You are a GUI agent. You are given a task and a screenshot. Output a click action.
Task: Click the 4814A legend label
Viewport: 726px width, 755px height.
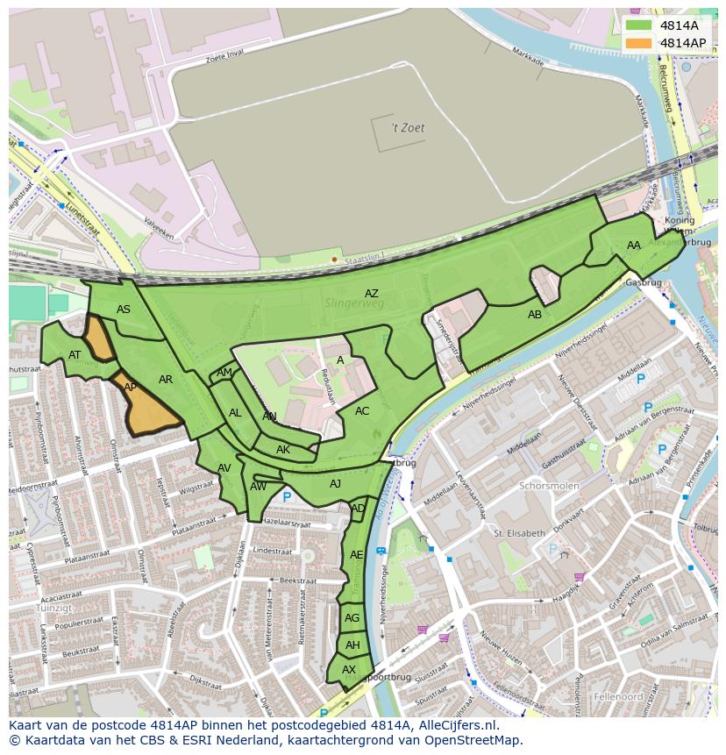[x=679, y=25]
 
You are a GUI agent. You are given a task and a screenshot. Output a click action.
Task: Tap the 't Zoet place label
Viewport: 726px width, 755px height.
[x=409, y=128]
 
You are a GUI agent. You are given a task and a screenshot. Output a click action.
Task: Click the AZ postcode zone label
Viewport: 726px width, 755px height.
[x=372, y=294]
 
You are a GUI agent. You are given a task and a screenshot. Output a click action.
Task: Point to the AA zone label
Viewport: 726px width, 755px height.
[x=634, y=246]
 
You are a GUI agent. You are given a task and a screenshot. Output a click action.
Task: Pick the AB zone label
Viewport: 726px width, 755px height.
[x=534, y=315]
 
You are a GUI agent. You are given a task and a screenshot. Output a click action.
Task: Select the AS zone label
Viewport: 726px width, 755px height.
[x=124, y=310]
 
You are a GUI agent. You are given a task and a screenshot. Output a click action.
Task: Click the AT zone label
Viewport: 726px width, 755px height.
[x=75, y=355]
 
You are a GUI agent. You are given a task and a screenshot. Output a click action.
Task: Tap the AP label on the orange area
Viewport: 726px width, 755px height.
[x=130, y=388]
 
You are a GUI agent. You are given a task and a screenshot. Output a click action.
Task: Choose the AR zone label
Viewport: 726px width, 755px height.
[x=166, y=380]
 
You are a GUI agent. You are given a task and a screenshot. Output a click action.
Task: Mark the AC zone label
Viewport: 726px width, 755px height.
[x=362, y=411]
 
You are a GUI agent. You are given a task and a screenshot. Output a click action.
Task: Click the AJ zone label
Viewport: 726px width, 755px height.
[x=335, y=484]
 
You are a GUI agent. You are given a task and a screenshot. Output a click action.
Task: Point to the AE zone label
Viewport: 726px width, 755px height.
[x=356, y=555]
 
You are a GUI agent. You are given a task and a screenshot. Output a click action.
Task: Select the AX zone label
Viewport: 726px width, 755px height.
[x=349, y=670]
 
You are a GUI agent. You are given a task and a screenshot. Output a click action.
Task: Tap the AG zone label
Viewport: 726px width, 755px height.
[x=352, y=618]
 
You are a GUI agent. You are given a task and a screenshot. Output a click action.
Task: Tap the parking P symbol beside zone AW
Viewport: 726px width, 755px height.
[x=287, y=497]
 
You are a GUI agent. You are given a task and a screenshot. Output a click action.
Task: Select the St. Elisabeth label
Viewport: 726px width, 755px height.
[x=519, y=532]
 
